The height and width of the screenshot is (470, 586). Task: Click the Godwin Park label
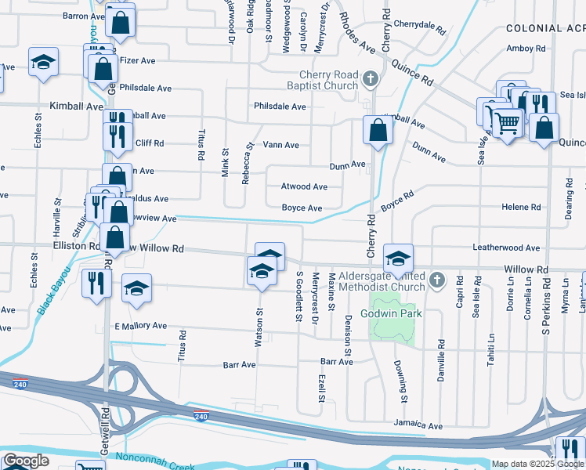point(391,313)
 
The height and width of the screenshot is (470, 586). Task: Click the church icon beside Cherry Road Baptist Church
point(371,78)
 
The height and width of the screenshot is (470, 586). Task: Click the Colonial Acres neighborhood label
point(545,27)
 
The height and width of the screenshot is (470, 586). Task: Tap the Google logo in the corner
point(26,461)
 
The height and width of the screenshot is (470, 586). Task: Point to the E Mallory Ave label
point(141,326)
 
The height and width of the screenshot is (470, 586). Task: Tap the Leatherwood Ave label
point(506,248)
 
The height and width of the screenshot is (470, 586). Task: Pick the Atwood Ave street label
point(304,187)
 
